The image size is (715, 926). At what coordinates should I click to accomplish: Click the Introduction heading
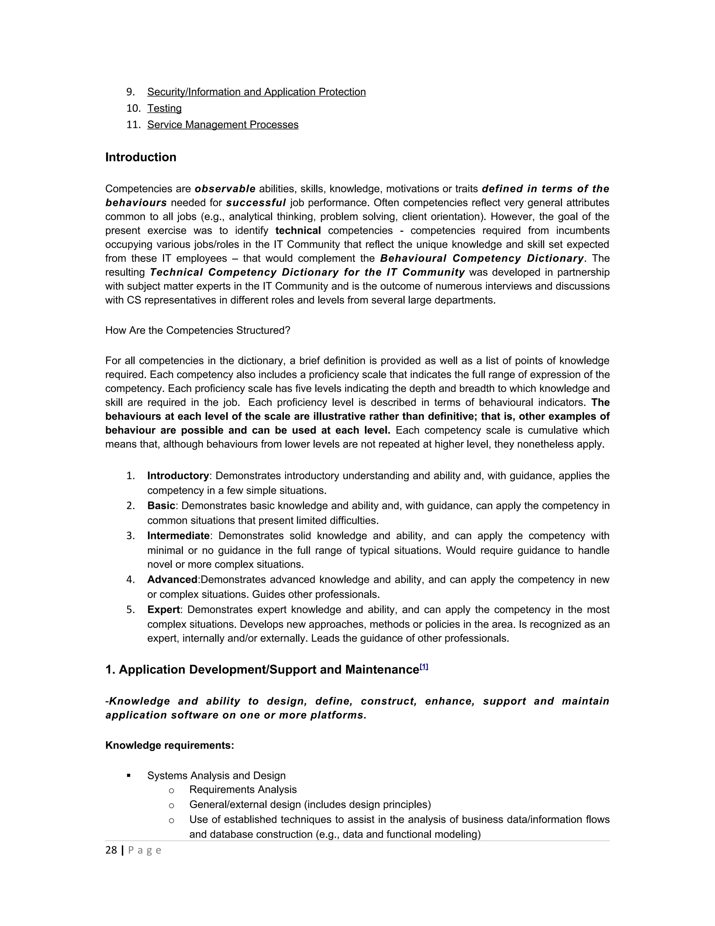[x=141, y=157]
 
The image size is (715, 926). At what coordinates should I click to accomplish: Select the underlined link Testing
[x=164, y=109]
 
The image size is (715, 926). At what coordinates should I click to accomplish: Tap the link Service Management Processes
[x=223, y=125]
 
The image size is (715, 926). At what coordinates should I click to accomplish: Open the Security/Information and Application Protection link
[x=256, y=92]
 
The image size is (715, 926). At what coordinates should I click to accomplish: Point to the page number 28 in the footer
[x=111, y=850]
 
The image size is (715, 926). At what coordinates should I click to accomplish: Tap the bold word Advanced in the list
[x=172, y=580]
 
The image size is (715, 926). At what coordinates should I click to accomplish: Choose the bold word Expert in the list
[x=163, y=610]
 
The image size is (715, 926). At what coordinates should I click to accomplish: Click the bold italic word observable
[x=225, y=189]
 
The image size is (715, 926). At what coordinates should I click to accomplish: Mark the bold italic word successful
[x=256, y=203]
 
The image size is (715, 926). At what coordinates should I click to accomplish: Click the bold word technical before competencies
[x=298, y=231]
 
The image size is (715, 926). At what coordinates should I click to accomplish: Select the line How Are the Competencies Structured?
[x=198, y=330]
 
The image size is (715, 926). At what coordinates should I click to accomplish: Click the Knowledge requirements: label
[x=169, y=745]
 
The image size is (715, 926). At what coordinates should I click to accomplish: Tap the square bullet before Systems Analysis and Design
[x=129, y=775]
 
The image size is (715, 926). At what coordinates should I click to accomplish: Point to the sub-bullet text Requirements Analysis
[x=243, y=789]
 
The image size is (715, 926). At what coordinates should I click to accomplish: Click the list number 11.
[x=133, y=125]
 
